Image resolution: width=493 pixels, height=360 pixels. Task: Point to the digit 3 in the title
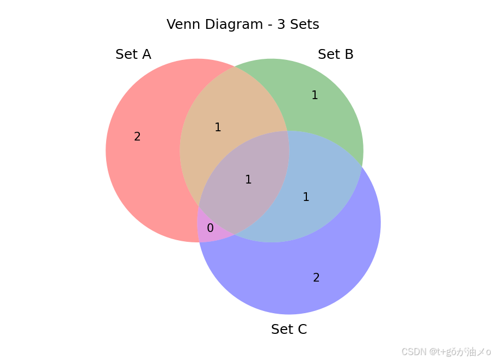click(x=283, y=25)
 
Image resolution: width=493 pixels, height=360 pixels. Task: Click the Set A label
click(x=133, y=54)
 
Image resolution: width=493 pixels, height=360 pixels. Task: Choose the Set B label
click(x=336, y=54)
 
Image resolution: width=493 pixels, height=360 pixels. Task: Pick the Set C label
click(x=289, y=330)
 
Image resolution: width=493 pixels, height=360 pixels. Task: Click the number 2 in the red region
click(x=137, y=137)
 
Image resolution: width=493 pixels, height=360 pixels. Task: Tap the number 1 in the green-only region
click(x=315, y=95)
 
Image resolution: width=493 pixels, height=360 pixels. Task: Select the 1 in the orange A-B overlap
click(x=218, y=127)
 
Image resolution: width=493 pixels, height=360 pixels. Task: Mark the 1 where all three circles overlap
click(x=248, y=180)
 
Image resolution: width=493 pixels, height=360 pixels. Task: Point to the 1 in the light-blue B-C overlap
click(x=306, y=197)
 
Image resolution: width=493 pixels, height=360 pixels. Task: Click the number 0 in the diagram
click(x=210, y=228)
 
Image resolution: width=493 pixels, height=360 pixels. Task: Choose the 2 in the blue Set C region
click(x=316, y=278)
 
